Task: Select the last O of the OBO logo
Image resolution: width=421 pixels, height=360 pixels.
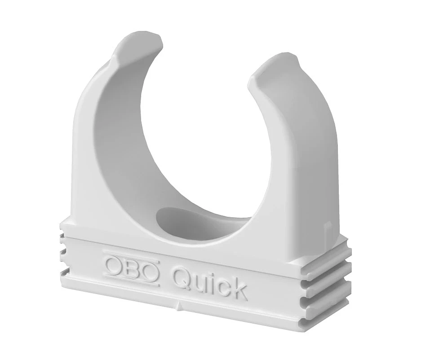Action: click(150, 270)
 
